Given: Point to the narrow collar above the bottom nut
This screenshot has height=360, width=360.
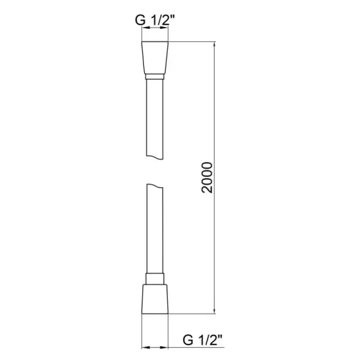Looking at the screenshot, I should [154, 278].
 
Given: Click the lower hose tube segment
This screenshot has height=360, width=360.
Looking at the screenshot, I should [154, 231].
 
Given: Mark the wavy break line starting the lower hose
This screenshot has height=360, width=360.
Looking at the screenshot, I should [154, 186].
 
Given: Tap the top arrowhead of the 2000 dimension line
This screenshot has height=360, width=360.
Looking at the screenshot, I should [214, 47].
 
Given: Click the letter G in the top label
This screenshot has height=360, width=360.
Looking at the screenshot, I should [141, 20].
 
